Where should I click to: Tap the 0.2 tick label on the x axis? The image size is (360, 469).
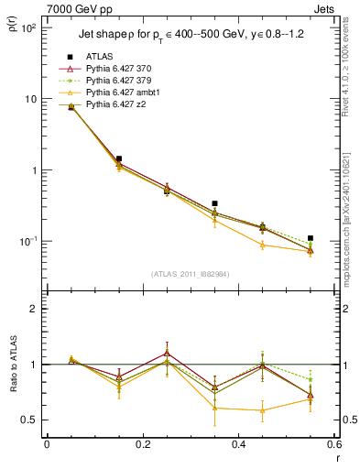pos(142,444)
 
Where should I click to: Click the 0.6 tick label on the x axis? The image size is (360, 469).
pos(334,444)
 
